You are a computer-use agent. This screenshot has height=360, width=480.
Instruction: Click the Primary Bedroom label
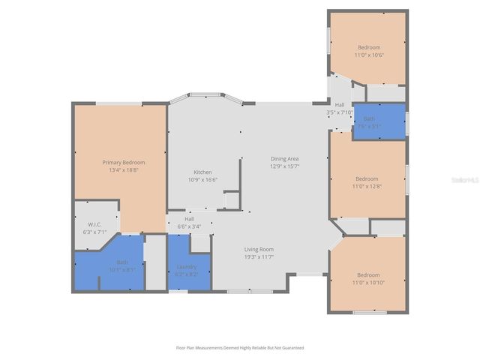click(x=124, y=162)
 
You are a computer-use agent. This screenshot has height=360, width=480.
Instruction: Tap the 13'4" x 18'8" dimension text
click(x=124, y=169)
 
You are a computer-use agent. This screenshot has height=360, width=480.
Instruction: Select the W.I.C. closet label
click(x=94, y=224)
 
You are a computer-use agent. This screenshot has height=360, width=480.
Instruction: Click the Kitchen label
click(x=204, y=172)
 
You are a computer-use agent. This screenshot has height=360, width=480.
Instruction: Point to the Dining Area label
click(x=285, y=158)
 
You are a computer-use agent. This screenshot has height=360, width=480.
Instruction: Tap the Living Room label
click(x=259, y=249)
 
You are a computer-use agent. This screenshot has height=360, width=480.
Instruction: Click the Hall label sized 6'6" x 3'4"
click(x=189, y=219)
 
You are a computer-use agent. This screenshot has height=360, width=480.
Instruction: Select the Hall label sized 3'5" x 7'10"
click(x=340, y=105)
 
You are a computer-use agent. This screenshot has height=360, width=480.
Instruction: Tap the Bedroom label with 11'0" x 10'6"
click(x=368, y=47)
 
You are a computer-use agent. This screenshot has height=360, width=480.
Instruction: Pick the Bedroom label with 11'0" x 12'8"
click(x=367, y=178)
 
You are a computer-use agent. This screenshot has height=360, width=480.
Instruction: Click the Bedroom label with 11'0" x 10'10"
click(x=367, y=274)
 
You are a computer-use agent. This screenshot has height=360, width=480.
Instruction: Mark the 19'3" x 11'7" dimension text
click(x=259, y=256)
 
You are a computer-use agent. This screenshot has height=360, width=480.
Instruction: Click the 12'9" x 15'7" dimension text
click(x=285, y=166)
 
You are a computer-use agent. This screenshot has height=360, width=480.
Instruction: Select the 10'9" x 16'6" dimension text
click(x=204, y=179)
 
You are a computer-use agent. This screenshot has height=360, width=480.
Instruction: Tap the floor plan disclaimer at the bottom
click(x=240, y=347)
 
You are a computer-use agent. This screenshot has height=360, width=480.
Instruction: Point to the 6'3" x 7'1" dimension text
click(x=94, y=232)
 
